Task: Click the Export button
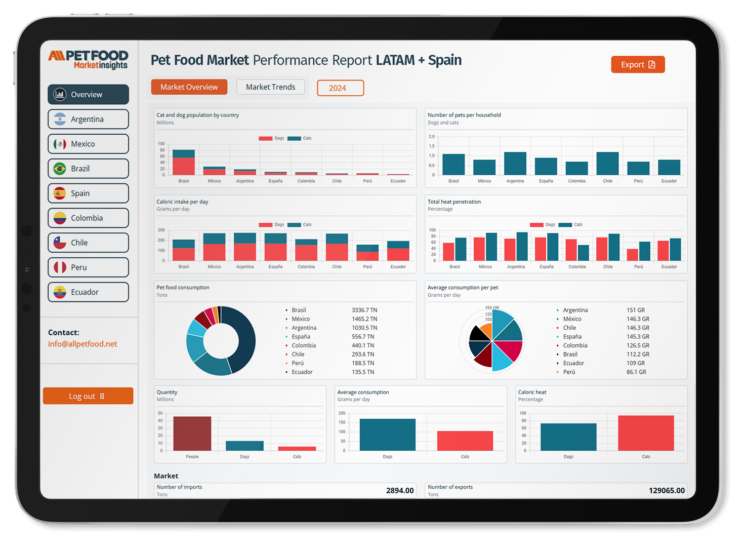click(637, 65)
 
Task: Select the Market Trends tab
click(270, 87)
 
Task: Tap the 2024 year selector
click(340, 88)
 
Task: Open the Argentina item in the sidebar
click(88, 120)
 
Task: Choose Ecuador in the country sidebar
click(88, 292)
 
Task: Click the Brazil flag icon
click(60, 169)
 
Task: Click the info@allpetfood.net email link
click(82, 344)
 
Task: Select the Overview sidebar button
click(88, 95)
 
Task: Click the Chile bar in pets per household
click(607, 164)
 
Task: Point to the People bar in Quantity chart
click(192, 434)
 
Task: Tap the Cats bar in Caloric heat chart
click(646, 433)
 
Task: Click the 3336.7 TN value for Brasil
click(364, 310)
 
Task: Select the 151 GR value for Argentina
click(636, 310)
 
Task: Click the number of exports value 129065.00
click(667, 491)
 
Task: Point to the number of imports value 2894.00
click(400, 491)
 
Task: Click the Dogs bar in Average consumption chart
click(387, 435)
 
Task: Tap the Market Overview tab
click(189, 87)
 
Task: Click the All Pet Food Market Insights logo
click(88, 60)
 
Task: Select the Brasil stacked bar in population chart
click(184, 163)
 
